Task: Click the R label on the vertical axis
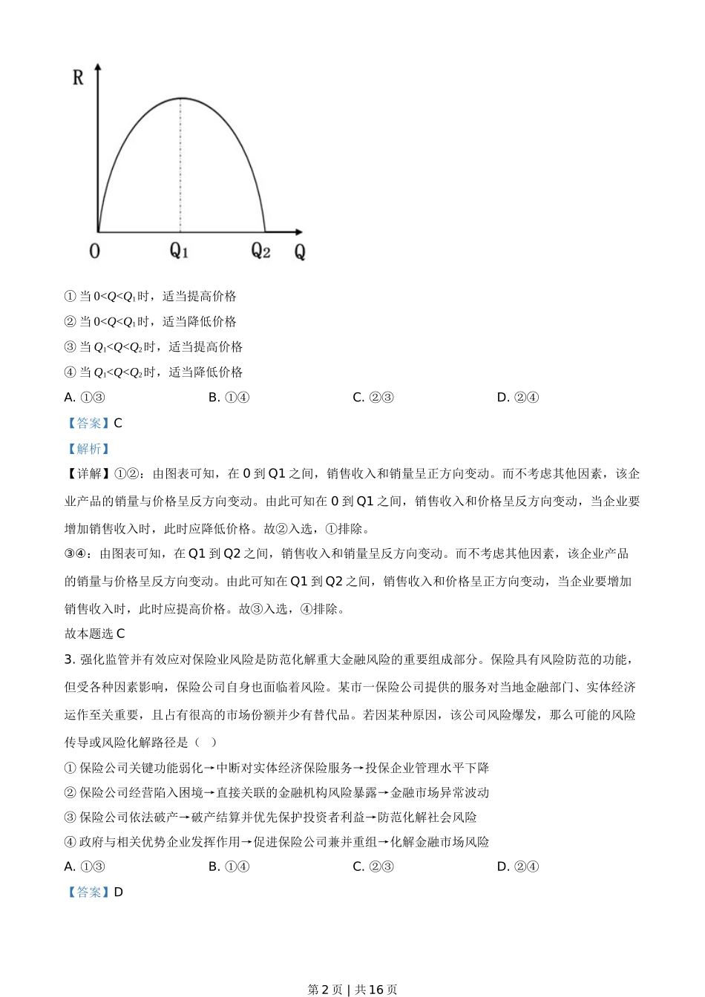pyautogui.click(x=78, y=76)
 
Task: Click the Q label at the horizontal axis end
pyautogui.click(x=300, y=251)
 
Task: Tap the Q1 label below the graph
pyautogui.click(x=180, y=251)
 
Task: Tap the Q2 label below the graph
pyautogui.click(x=260, y=251)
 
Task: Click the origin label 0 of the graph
pyautogui.click(x=94, y=251)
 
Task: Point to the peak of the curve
pyautogui.click(x=180, y=98)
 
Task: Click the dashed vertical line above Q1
pyautogui.click(x=180, y=163)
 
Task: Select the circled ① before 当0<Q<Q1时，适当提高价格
pyautogui.click(x=70, y=296)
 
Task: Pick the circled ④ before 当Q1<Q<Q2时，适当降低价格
pyautogui.click(x=70, y=372)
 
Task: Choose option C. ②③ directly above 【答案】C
pyautogui.click(x=373, y=397)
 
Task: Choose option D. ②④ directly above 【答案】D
pyautogui.click(x=517, y=866)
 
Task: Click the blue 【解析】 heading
pyautogui.click(x=88, y=448)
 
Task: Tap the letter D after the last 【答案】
pyautogui.click(x=119, y=892)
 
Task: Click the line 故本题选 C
pyautogui.click(x=95, y=633)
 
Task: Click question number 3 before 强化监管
pyautogui.click(x=68, y=659)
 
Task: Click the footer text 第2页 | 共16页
pyautogui.click(x=352, y=989)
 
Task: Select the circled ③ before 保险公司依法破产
pyautogui.click(x=70, y=817)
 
